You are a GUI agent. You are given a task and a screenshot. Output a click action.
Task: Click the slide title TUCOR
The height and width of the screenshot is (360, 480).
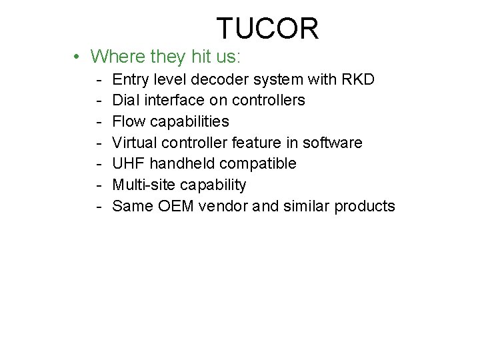tap(267, 29)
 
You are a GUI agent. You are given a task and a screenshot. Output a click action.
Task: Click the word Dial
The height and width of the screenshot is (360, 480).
tap(125, 101)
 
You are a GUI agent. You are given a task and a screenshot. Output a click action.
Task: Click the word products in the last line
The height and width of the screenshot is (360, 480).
tap(364, 206)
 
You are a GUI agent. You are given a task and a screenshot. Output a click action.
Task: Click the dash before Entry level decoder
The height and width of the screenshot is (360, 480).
tap(98, 81)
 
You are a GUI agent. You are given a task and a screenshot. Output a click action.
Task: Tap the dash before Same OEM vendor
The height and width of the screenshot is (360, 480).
tap(98, 207)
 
